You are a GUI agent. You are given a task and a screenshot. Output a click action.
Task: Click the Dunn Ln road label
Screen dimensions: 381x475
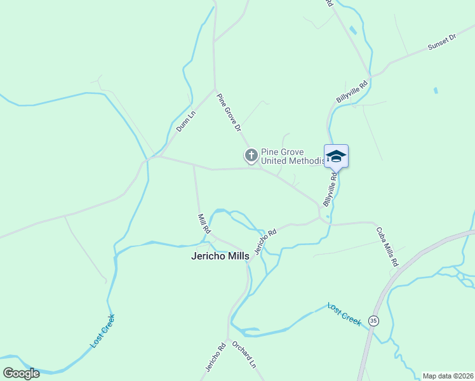click(x=186, y=121)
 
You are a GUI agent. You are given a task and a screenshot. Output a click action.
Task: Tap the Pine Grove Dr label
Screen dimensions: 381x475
click(x=229, y=112)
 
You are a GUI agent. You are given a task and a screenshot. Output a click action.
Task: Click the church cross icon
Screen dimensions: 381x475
click(x=251, y=155)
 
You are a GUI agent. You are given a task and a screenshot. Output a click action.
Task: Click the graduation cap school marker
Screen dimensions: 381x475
click(x=336, y=156)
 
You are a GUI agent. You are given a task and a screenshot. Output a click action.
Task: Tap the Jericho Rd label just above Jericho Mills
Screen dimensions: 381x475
click(x=265, y=241)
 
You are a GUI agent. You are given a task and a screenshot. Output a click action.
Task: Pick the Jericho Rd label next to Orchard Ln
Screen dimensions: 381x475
click(x=221, y=357)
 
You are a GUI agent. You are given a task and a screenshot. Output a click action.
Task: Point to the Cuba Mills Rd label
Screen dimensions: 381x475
click(x=386, y=246)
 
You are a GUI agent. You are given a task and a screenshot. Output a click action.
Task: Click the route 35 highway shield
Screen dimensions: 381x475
click(x=373, y=321)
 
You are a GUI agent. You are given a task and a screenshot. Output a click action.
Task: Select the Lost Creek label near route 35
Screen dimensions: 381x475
click(x=344, y=314)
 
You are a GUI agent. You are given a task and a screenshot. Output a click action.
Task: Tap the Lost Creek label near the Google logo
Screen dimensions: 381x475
click(x=102, y=331)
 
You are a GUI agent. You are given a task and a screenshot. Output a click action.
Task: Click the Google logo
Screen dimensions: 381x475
click(x=21, y=373)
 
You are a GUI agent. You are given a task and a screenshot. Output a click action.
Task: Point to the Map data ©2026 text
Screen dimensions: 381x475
click(x=448, y=376)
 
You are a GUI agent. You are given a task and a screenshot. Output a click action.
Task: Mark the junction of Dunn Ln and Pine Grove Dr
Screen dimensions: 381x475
click(x=214, y=89)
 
